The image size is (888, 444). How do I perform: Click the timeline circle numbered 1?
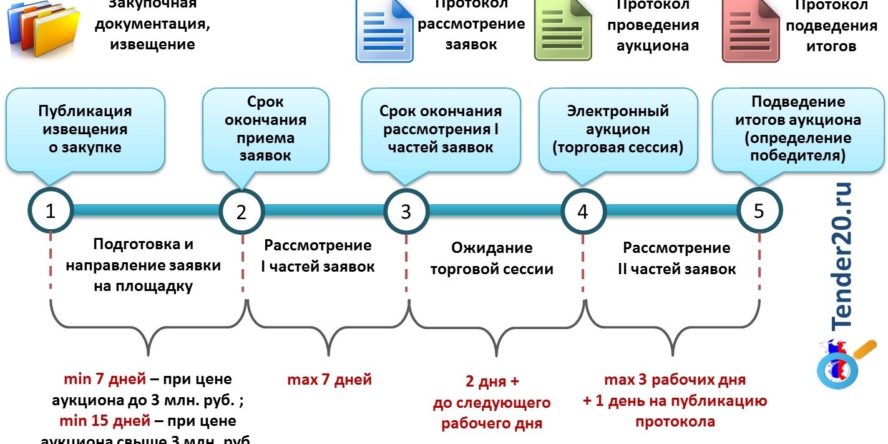[51, 210]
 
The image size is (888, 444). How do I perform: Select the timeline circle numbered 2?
[242, 211]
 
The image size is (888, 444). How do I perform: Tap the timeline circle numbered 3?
[406, 211]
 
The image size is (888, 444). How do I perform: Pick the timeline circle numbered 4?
[582, 211]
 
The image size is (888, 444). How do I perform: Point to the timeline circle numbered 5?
[759, 210]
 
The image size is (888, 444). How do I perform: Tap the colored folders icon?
[44, 31]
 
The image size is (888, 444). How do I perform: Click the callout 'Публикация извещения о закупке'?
[85, 129]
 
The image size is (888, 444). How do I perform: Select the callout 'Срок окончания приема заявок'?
[266, 129]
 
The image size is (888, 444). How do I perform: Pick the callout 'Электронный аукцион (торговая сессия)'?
[618, 129]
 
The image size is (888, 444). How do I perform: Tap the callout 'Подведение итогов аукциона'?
[798, 129]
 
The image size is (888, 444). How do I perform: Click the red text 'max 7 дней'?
[329, 379]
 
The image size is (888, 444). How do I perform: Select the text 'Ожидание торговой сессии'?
[491, 259]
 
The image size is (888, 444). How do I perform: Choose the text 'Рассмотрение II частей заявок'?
[676, 259]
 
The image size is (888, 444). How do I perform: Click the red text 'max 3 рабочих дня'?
[675, 380]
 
